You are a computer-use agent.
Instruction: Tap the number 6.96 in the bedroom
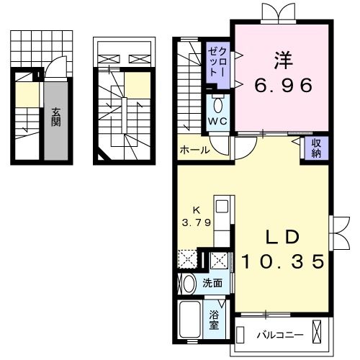tap(283, 86)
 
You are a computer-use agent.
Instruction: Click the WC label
tap(218, 121)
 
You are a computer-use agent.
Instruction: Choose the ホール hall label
tap(194, 150)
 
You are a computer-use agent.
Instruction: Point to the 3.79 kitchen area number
tap(195, 222)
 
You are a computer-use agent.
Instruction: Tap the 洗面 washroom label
tap(212, 282)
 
